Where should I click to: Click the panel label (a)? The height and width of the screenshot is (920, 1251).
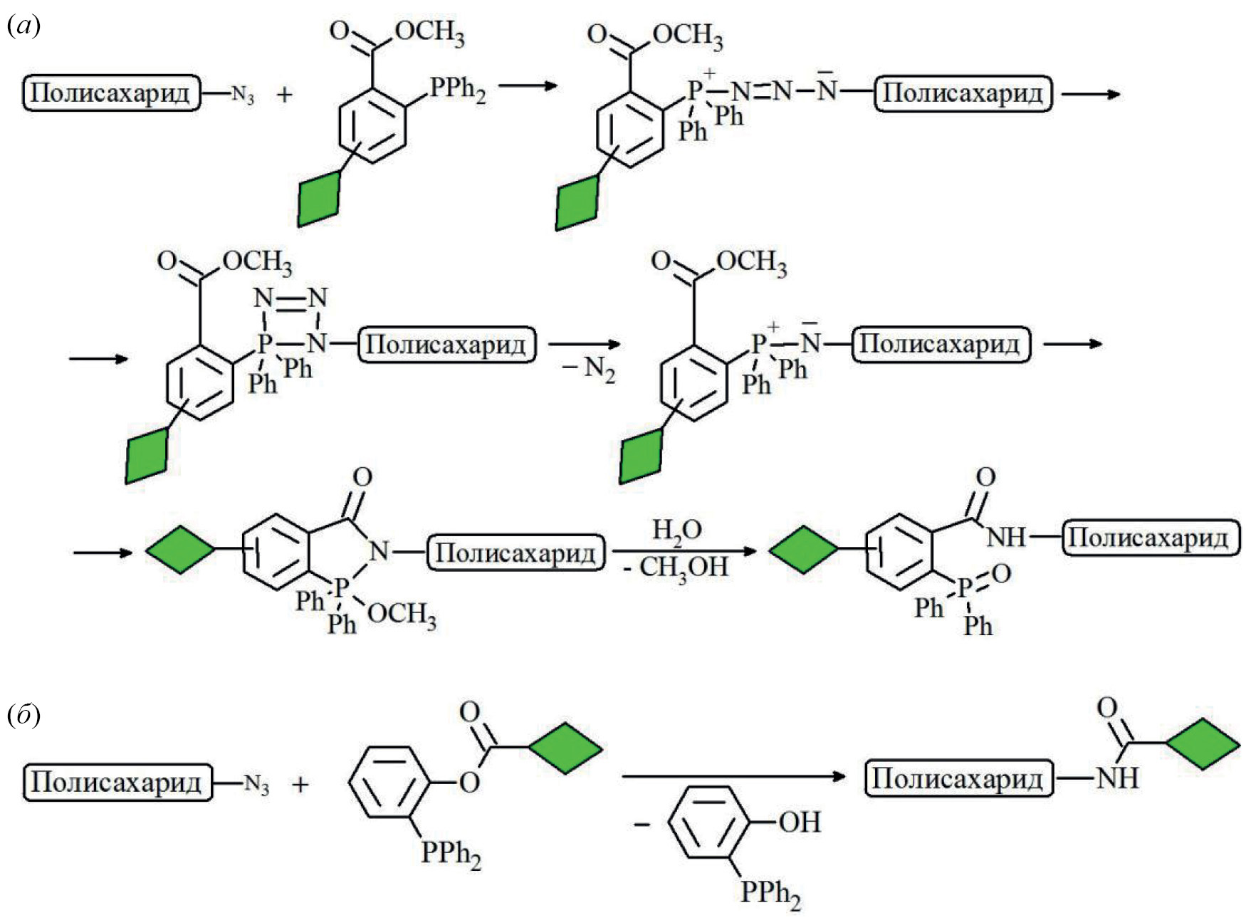pyautogui.click(x=23, y=26)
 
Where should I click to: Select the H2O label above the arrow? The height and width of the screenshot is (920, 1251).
pyautogui.click(x=677, y=530)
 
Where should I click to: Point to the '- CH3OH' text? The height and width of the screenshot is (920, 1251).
pyautogui.click(x=676, y=568)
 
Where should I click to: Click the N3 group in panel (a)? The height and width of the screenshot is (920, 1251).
pyautogui.click(x=243, y=95)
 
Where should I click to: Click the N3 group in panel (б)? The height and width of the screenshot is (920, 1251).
pyautogui.click(x=256, y=784)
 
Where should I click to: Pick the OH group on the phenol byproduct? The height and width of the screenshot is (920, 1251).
pyautogui.click(x=800, y=822)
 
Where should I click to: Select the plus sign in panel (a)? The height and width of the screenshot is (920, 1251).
pyautogui.click(x=284, y=94)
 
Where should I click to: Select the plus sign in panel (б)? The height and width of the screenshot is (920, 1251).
pyautogui.click(x=300, y=784)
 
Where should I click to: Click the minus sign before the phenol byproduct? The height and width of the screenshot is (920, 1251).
pyautogui.click(x=642, y=824)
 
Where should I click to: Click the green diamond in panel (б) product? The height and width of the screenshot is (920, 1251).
pyautogui.click(x=1203, y=745)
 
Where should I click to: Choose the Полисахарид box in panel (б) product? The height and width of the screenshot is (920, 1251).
pyautogui.click(x=958, y=778)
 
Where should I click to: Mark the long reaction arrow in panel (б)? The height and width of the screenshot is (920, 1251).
pyautogui.click(x=733, y=775)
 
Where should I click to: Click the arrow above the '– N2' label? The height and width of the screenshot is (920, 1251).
pyautogui.click(x=584, y=345)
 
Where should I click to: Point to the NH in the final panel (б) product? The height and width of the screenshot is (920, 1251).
pyautogui.click(x=1117, y=778)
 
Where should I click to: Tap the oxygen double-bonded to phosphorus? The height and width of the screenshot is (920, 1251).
pyautogui.click(x=1001, y=573)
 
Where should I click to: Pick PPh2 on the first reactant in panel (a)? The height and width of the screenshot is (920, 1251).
pyautogui.click(x=458, y=90)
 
